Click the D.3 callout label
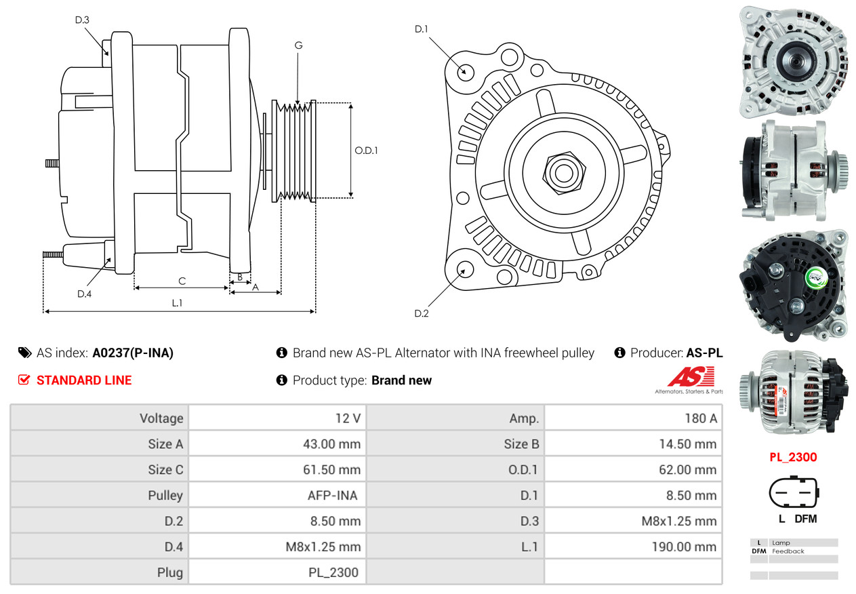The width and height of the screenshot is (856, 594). tap(82, 20)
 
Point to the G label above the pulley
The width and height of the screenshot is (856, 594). tap(298, 45)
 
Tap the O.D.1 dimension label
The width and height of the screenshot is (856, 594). tap(366, 151)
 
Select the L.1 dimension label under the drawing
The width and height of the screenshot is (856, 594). tap(177, 303)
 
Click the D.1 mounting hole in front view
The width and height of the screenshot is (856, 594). tap(465, 71)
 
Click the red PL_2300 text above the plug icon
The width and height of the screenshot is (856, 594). tap(793, 457)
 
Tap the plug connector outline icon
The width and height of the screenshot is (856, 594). tap(793, 493)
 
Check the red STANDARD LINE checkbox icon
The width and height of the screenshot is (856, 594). tap(24, 380)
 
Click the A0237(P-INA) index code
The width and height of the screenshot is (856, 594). tap(133, 353)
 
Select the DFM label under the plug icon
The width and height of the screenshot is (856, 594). tap(805, 519)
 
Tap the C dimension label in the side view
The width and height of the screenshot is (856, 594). tap(182, 280)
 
